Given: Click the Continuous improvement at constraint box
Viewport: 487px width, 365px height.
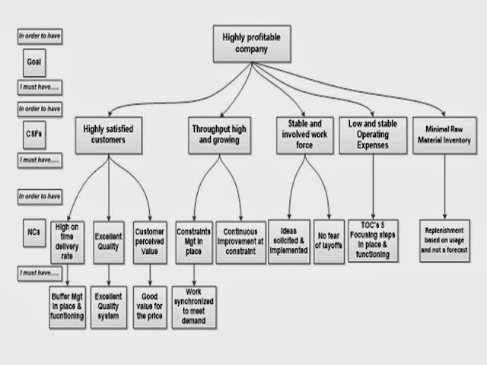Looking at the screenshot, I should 241,236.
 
